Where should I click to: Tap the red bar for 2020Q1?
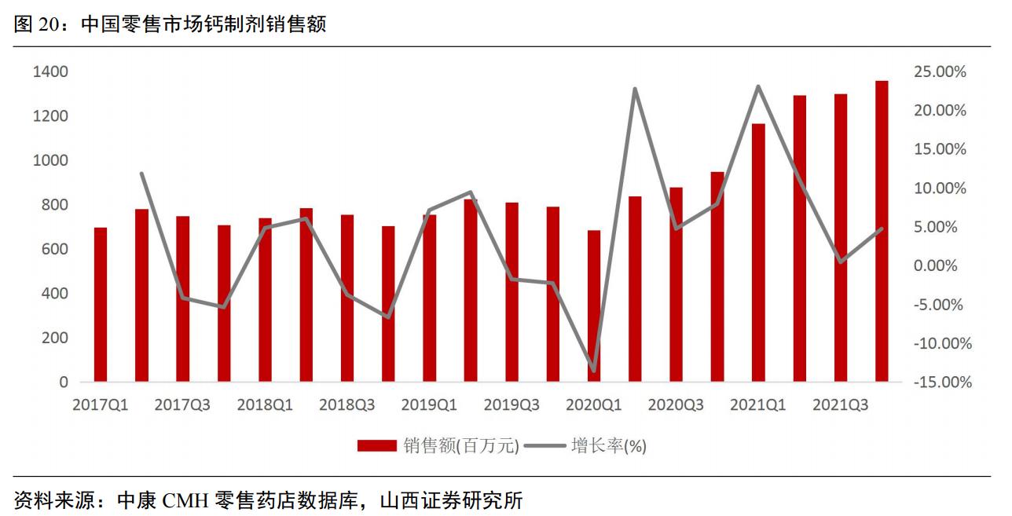tap(594, 306)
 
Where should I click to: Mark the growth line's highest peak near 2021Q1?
tap(758, 86)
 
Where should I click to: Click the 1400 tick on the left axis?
tap(50, 72)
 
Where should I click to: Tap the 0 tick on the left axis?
tap(64, 382)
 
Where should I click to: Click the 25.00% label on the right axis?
tap(940, 72)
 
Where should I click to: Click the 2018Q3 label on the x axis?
tap(347, 405)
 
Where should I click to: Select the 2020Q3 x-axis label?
tap(676, 405)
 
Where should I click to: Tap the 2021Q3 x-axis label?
tap(840, 405)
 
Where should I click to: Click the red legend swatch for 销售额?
tap(377, 446)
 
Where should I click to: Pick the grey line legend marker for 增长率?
tap(544, 446)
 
